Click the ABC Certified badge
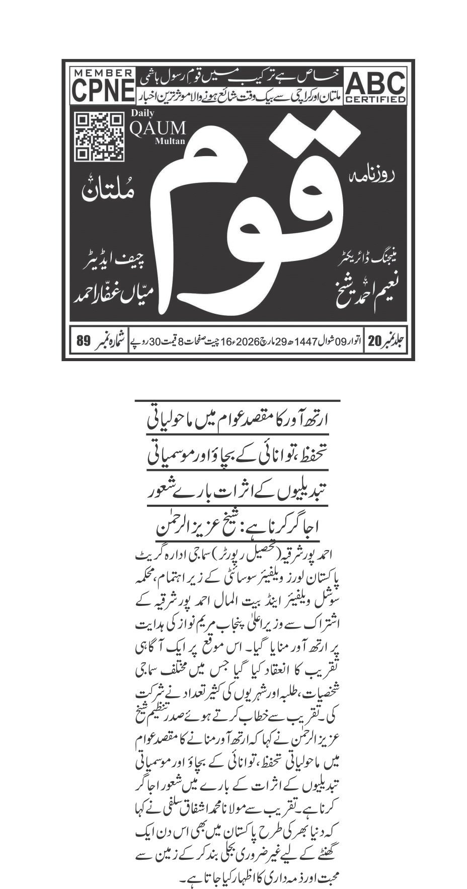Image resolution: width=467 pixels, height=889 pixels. click(x=375, y=87)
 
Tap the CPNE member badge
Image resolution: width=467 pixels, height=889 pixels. click(x=103, y=87)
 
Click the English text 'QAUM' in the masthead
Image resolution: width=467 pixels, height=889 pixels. click(x=150, y=128)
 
